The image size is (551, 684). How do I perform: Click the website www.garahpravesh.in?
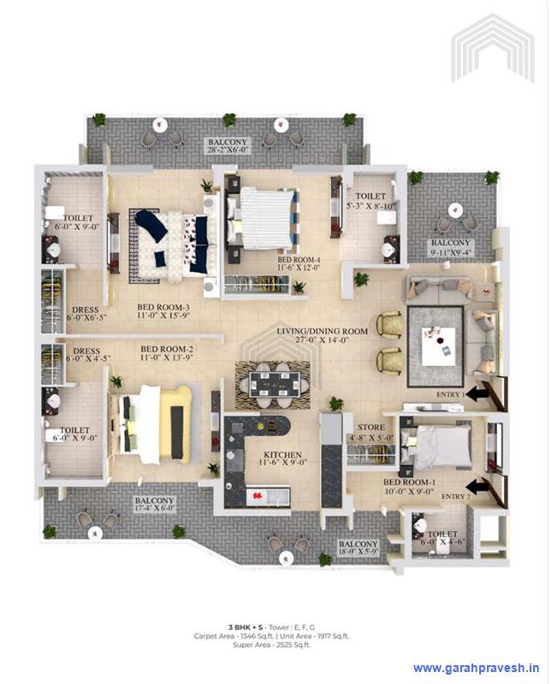[x=476, y=668]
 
